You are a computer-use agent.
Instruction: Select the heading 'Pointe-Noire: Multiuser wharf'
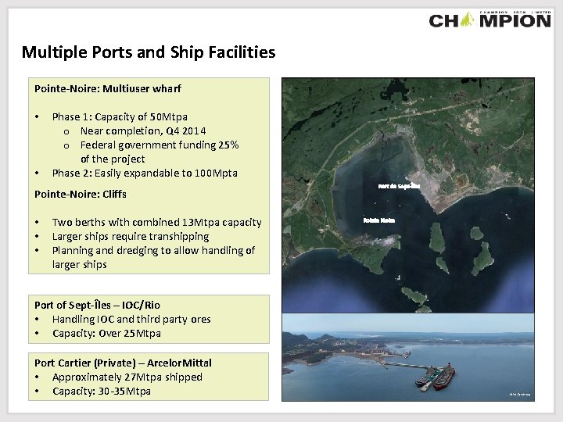click(107, 88)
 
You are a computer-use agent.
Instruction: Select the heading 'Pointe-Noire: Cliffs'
click(81, 194)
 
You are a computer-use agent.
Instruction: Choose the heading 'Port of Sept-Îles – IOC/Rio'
click(98, 305)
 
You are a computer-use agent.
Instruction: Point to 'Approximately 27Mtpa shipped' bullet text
click(127, 377)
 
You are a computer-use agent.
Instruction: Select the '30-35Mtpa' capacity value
click(125, 391)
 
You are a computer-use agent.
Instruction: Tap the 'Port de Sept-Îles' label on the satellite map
click(398, 186)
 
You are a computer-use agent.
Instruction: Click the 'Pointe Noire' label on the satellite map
click(379, 220)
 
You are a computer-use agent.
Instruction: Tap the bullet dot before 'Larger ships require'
click(38, 236)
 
